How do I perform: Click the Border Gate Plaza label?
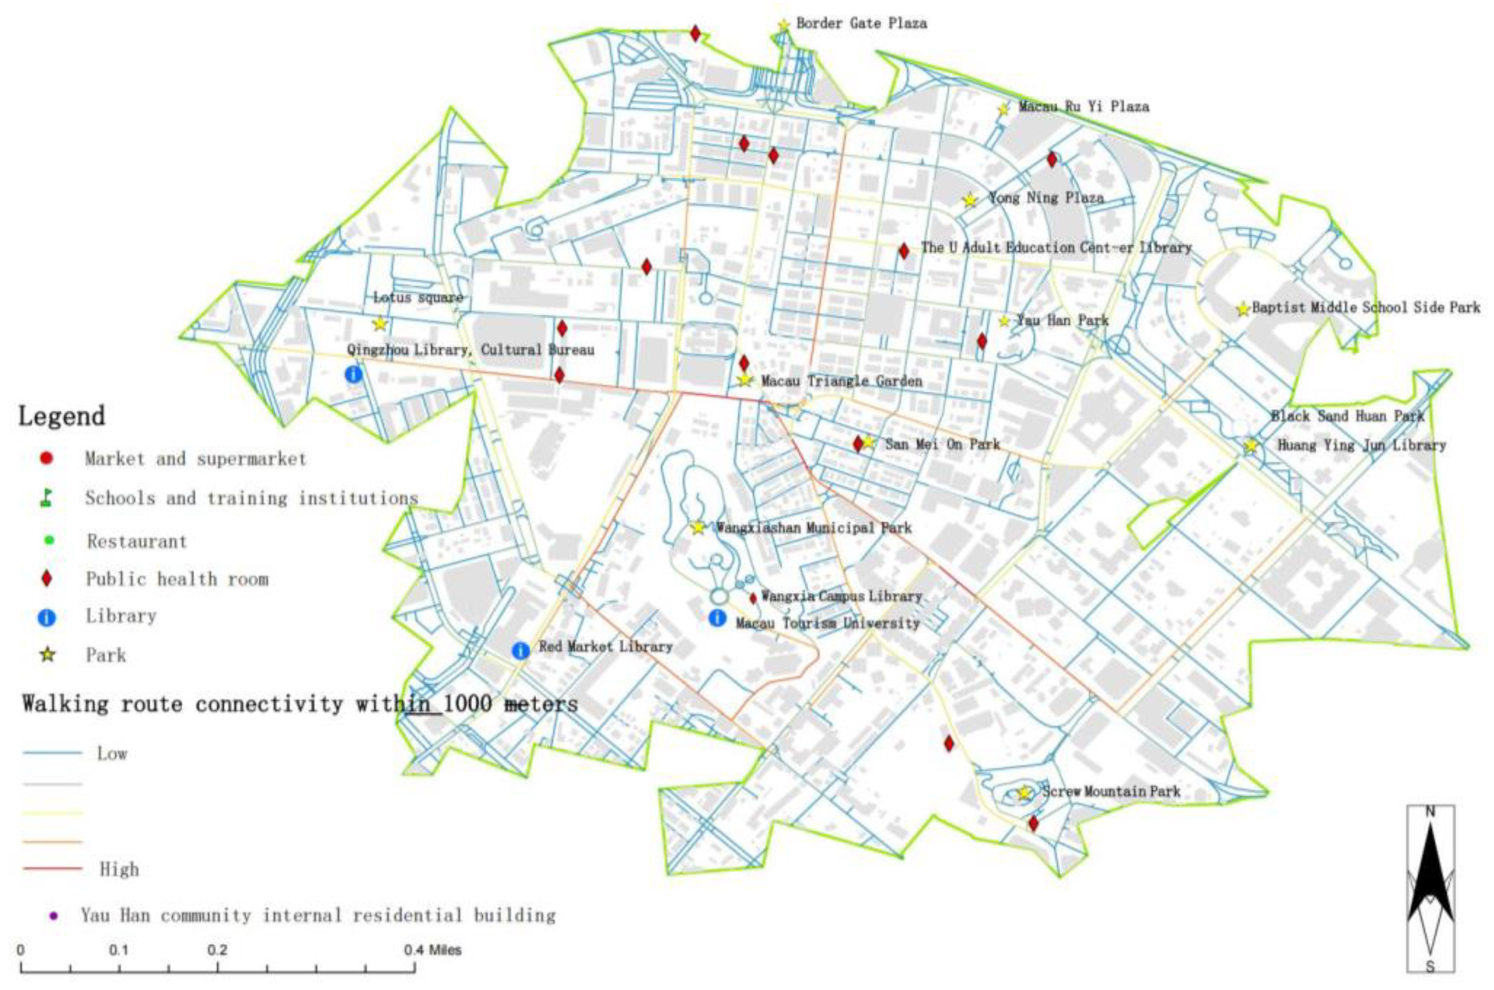[x=861, y=24]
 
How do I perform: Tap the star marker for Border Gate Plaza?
[x=783, y=25]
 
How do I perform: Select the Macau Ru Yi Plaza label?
[x=1084, y=106]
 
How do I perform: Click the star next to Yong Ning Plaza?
[x=970, y=200]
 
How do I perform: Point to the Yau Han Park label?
[x=1062, y=320]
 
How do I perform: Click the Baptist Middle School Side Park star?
[x=1243, y=309]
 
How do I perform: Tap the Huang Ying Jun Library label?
[x=1362, y=445]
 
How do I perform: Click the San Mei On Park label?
[x=942, y=444]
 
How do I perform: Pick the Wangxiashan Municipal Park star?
[x=698, y=527]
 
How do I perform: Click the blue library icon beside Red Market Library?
[x=520, y=650]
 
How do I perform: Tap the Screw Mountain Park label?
[x=1111, y=791]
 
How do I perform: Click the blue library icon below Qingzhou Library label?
[x=354, y=374]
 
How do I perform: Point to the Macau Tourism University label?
[x=827, y=623]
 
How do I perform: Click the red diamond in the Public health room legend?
[x=46, y=579]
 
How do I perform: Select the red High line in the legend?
[x=53, y=869]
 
